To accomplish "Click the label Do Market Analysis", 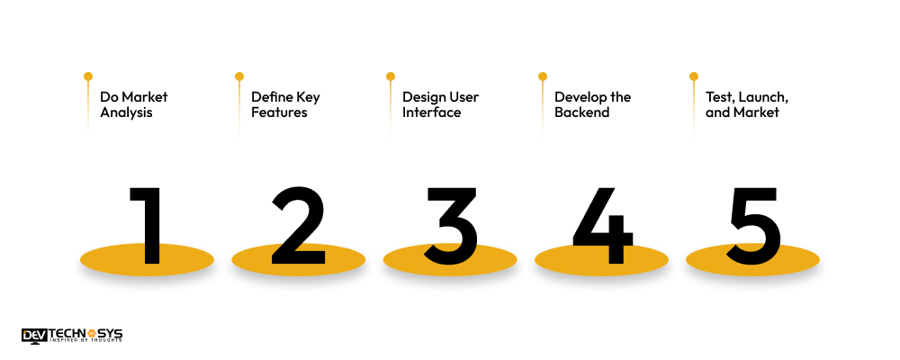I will click(x=133, y=104).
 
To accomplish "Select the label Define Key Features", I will click(x=285, y=104).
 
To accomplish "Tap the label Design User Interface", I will click(x=440, y=104).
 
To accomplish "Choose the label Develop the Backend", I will click(x=592, y=104).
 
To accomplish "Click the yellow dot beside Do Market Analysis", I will click(x=88, y=76).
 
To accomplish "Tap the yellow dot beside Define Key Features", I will click(x=239, y=76).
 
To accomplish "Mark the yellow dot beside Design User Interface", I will click(x=391, y=76).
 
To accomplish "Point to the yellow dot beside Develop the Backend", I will click(x=543, y=76).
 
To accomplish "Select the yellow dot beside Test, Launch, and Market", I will click(x=694, y=76).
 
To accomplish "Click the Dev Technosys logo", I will click(x=72, y=336).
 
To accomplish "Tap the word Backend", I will click(x=582, y=112).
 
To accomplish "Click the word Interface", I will click(x=431, y=112).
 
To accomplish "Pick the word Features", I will click(x=279, y=112).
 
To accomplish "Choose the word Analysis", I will click(x=126, y=112).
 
